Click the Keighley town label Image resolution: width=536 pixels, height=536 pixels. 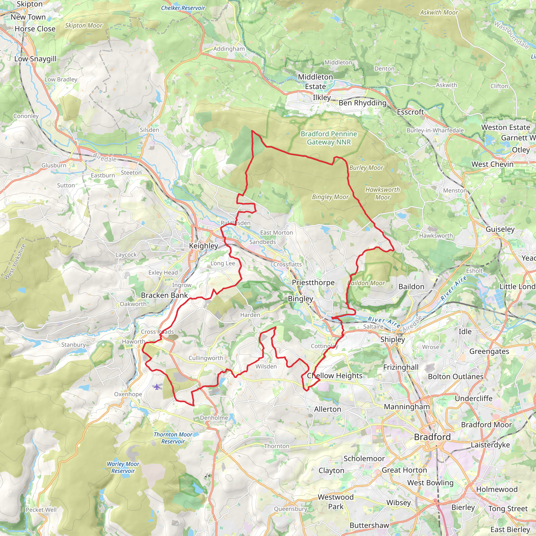click(x=203, y=246)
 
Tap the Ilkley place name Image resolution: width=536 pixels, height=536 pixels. click(x=322, y=98)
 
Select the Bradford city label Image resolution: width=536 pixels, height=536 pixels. click(x=432, y=437)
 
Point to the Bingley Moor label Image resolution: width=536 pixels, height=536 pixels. click(x=330, y=197)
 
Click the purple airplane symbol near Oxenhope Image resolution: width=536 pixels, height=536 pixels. click(x=157, y=387)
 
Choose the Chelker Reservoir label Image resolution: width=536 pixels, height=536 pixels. click(x=183, y=8)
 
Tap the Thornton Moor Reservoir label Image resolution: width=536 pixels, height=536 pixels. click(x=173, y=438)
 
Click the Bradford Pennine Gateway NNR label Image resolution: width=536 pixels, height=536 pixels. click(x=329, y=138)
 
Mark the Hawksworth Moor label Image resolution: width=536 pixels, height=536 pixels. click(x=383, y=193)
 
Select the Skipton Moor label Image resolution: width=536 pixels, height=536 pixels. click(x=83, y=26)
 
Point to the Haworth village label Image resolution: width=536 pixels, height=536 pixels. click(x=133, y=342)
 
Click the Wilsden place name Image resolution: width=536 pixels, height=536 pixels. click(x=266, y=366)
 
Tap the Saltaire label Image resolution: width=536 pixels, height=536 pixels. click(x=373, y=327)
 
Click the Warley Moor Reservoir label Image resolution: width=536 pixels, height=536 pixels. click(x=123, y=467)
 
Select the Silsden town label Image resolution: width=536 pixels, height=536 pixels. click(x=149, y=130)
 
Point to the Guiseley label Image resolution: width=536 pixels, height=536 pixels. click(x=500, y=229)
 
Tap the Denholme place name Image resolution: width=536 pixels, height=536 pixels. click(x=214, y=418)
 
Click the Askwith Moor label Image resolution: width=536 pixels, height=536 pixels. click(x=439, y=13)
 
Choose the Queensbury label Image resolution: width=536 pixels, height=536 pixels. click(x=291, y=509)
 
